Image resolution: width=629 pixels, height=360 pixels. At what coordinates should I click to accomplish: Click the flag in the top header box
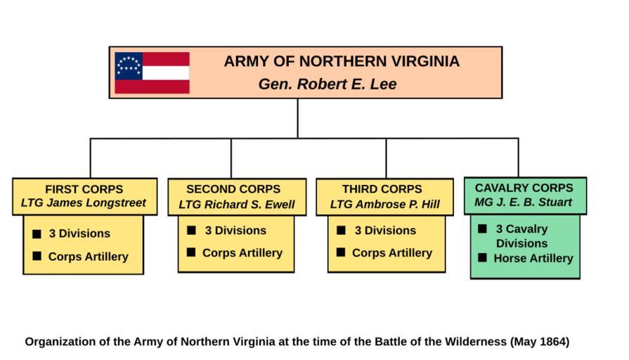[153, 72]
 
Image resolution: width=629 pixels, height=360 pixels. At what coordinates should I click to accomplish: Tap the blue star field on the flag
[129, 65]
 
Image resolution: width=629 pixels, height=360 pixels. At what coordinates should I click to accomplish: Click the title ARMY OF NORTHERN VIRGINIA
[342, 62]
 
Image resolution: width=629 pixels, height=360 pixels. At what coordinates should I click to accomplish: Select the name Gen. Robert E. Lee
[328, 84]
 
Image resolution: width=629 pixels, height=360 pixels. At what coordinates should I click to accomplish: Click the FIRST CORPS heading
[84, 189]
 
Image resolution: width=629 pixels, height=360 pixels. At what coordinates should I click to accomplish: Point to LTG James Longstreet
[84, 203]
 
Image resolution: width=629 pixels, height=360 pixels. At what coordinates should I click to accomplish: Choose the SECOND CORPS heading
[233, 189]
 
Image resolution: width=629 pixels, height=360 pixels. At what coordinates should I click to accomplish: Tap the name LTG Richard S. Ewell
[237, 205]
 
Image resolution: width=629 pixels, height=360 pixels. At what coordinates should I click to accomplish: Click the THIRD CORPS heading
[382, 189]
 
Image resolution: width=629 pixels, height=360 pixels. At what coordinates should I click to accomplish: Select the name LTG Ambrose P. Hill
[385, 205]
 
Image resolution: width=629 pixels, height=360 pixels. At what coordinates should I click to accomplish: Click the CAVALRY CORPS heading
[524, 188]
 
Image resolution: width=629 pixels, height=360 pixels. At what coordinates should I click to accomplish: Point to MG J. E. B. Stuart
[524, 202]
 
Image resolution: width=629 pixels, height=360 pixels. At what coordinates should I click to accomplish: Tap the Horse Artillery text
[533, 258]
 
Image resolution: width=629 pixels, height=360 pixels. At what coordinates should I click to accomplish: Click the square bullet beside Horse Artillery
[482, 257]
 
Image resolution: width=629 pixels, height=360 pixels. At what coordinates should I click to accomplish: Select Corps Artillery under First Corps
[89, 257]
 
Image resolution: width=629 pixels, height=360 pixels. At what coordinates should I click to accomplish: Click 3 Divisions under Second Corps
[235, 231]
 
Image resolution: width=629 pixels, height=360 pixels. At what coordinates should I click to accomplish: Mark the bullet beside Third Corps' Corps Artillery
[341, 252]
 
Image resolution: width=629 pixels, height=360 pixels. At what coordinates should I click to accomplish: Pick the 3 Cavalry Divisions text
[521, 236]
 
